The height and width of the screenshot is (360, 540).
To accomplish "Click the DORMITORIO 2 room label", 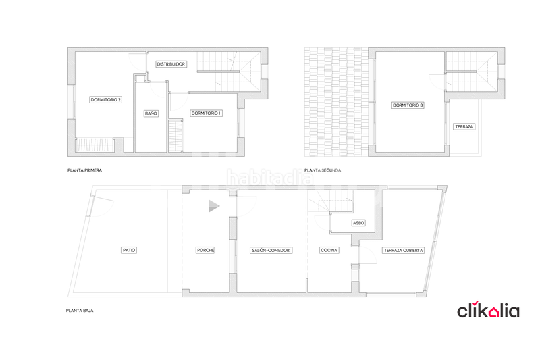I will coord(105,100).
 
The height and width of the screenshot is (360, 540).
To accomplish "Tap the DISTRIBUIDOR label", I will coord(171,64).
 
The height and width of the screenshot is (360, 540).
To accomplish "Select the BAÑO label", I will coord(151,113).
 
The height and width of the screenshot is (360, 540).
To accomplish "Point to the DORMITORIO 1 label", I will coord(206,113).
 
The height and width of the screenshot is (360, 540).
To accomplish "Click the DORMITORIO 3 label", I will coord(408,105).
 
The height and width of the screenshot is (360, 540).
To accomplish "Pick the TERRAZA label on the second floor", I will coord(464,127).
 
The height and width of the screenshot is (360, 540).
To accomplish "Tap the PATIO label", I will coord(128,250).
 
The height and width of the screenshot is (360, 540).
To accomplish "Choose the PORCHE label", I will coord(205,250).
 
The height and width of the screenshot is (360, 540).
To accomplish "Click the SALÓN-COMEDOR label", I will coord(271,250).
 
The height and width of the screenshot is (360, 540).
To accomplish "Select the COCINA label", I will coord(329,250).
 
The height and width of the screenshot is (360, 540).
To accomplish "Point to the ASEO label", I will coord(358,222).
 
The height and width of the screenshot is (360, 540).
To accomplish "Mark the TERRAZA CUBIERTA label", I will coord(404,250).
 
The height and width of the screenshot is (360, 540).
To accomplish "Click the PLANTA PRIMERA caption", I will coord(85,170).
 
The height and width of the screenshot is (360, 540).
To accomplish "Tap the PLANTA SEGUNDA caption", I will coord(323,170).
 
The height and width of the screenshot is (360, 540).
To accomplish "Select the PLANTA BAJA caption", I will coord(80,311).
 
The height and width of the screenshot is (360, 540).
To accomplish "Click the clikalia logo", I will coord(488,311).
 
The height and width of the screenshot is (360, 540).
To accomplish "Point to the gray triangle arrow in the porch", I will coord(213,206).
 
